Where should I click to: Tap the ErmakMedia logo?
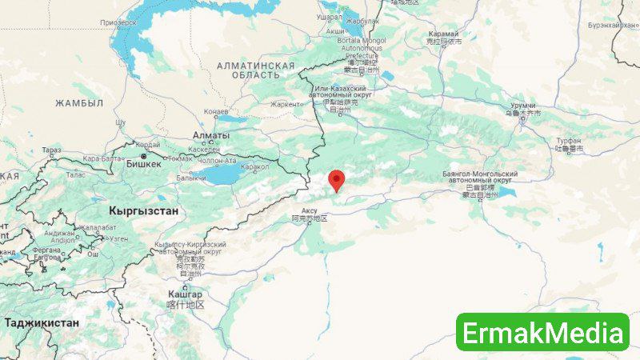542,331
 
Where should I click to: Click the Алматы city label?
211,136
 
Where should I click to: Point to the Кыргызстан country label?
143,210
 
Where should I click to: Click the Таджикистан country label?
42,323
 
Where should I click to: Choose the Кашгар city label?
185,295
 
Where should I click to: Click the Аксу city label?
309,210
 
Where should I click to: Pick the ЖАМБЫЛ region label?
79,103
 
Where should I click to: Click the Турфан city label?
570,141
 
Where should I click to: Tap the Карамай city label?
443,34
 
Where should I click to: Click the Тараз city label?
52,150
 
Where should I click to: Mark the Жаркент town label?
287,104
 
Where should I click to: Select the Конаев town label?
216,112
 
